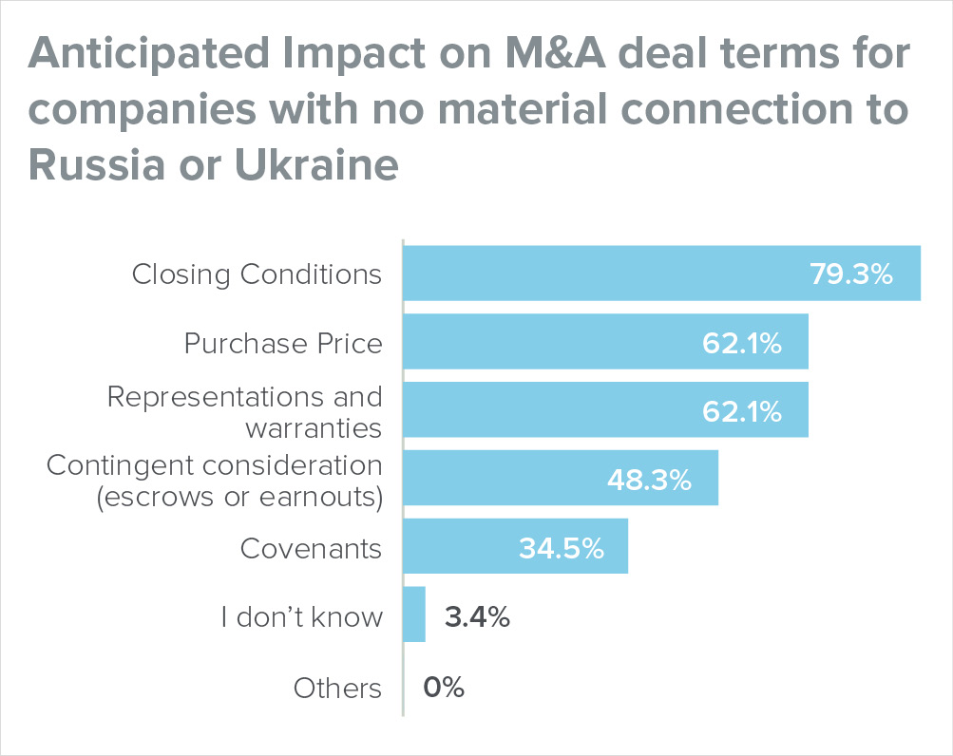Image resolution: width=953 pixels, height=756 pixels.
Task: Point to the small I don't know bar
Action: click(414, 615)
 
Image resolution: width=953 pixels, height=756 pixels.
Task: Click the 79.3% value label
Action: click(851, 274)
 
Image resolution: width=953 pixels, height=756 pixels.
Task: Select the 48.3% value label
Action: click(649, 480)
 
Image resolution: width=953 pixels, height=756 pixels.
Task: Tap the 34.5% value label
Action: click(561, 548)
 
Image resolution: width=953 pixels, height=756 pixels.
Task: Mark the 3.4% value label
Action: click(478, 617)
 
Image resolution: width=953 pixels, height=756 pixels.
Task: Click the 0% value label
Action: click(444, 687)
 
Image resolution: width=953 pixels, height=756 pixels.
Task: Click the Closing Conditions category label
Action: click(257, 274)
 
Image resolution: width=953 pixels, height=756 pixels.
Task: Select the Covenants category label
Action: click(311, 548)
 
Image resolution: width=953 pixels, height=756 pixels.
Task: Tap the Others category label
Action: click(337, 687)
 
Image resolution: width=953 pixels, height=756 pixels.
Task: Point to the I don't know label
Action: click(301, 617)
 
